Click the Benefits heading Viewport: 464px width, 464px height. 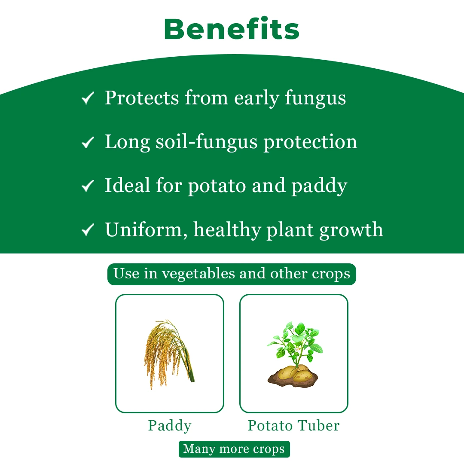[x=232, y=29]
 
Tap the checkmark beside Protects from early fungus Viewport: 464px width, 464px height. [x=88, y=99]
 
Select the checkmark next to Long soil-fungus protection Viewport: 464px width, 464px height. [x=88, y=142]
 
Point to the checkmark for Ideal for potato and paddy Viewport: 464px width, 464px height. [x=88, y=186]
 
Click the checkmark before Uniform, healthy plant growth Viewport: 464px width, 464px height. [x=88, y=230]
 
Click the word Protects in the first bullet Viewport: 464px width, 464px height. [x=141, y=98]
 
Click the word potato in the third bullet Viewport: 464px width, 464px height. [x=217, y=186]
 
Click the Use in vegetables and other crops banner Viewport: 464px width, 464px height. [x=232, y=274]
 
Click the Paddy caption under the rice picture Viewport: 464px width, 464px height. [x=169, y=426]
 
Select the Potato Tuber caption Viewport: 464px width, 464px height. [x=293, y=426]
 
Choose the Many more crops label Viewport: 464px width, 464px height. [x=234, y=449]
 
